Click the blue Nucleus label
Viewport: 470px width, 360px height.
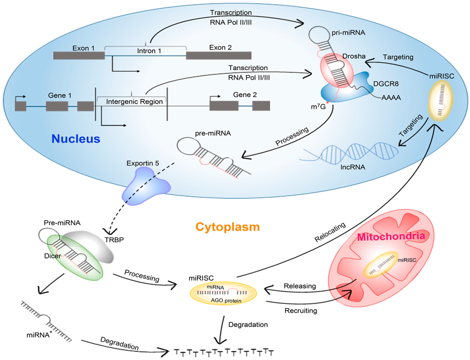[x=76, y=138]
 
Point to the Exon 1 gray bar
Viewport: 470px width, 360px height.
[x=79, y=55]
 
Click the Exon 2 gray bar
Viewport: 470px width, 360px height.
[x=218, y=55]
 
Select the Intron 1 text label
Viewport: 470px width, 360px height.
[x=146, y=50]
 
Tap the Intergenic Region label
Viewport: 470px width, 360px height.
[x=134, y=101]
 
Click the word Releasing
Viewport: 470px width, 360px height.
[x=300, y=286]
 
